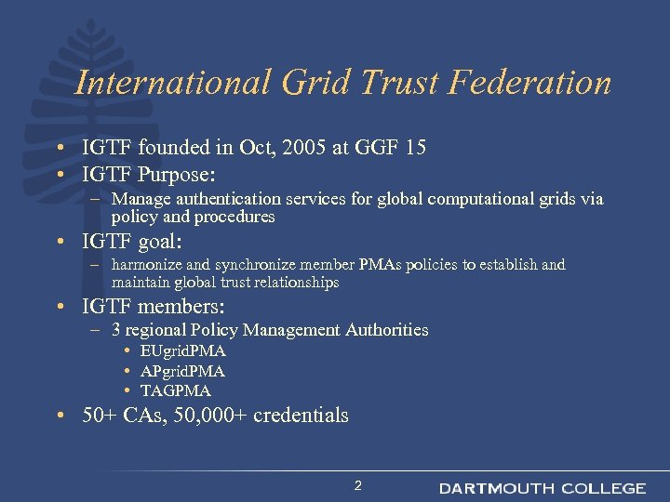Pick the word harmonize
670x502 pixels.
coord(153,265)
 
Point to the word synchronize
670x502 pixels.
coord(274,265)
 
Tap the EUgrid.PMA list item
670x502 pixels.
coord(182,351)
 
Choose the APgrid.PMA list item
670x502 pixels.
coord(182,371)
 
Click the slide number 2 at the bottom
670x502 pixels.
coord(357,485)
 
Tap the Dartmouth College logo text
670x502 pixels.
coord(543,488)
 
